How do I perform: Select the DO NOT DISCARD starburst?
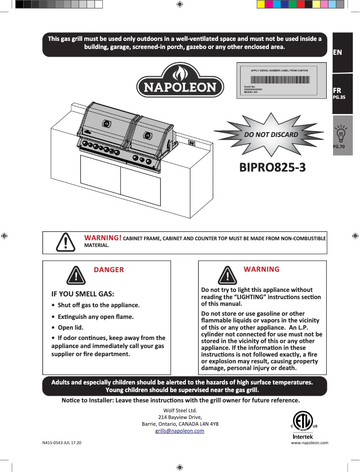pyautogui.click(x=271, y=134)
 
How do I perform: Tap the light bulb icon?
pyautogui.click(x=341, y=133)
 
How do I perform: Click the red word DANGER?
pyautogui.click(x=109, y=270)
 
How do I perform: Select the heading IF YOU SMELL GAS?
pyautogui.click(x=83, y=294)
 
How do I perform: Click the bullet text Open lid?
pyautogui.click(x=70, y=327)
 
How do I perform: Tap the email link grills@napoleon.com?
pyautogui.click(x=180, y=431)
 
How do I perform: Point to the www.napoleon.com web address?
pyautogui.click(x=310, y=442)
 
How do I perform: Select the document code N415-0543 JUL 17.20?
pyautogui.click(x=62, y=442)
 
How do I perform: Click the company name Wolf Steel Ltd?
pyautogui.click(x=180, y=410)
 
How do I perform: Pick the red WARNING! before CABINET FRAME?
pyautogui.click(x=103, y=238)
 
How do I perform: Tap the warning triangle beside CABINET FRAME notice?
pyautogui.click(x=66, y=242)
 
